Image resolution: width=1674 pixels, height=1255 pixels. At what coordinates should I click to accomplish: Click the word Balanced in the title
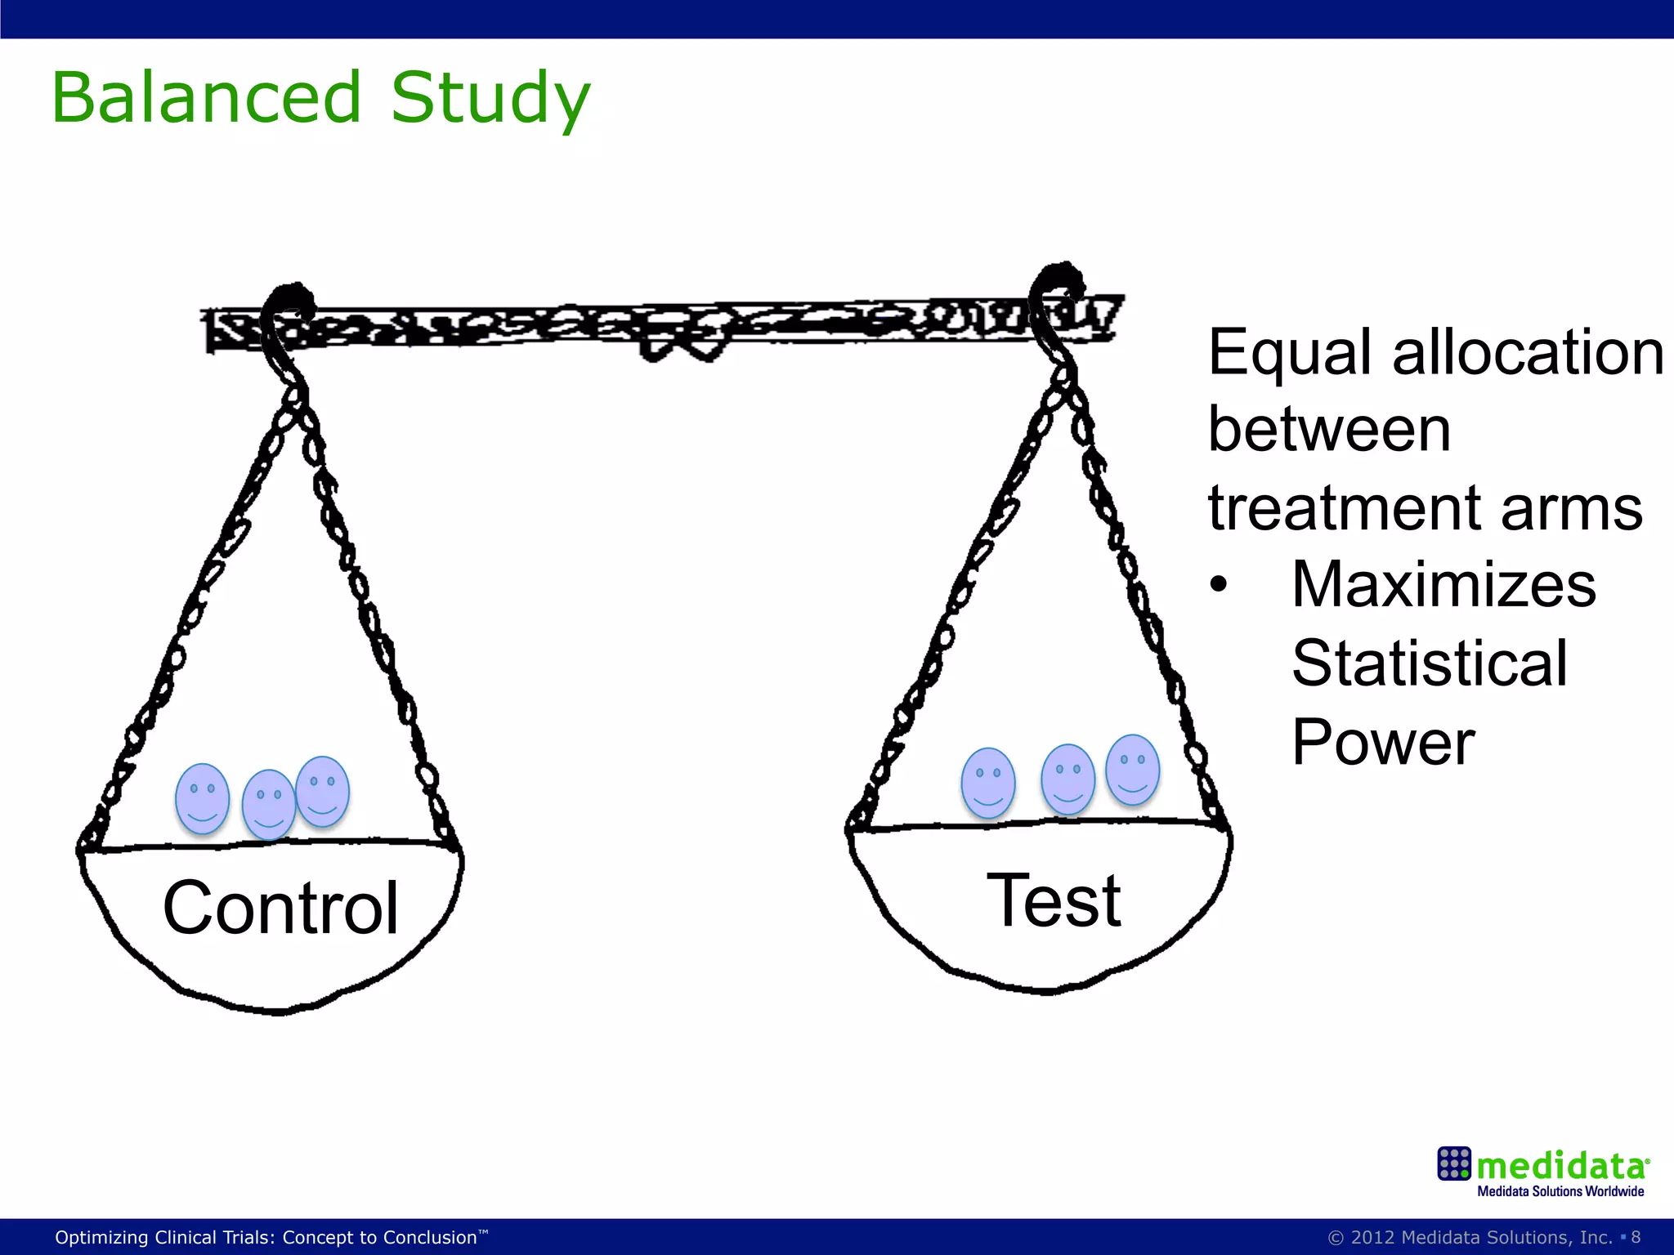click(x=206, y=98)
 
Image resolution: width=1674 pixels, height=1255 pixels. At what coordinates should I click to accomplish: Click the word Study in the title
click(x=490, y=100)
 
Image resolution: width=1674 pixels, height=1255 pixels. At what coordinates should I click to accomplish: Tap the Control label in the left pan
click(x=280, y=908)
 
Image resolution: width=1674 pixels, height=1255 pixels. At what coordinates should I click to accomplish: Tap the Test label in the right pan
click(x=1054, y=900)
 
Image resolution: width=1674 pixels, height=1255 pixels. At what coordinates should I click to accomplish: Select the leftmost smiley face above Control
click(x=203, y=798)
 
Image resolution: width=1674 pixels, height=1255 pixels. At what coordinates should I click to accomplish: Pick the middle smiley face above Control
click(x=268, y=805)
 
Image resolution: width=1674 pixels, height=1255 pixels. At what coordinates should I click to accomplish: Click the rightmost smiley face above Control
click(x=323, y=791)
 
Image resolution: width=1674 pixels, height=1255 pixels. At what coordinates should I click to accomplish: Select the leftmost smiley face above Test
click(x=988, y=783)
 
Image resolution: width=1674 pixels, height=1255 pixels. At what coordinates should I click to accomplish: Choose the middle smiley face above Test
click(x=1068, y=779)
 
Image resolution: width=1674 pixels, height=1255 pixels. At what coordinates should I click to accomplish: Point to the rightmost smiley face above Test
click(x=1132, y=769)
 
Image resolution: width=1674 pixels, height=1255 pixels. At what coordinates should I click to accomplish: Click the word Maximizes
click(x=1443, y=585)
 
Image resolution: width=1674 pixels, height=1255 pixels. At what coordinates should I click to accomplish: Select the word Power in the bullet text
click(x=1383, y=742)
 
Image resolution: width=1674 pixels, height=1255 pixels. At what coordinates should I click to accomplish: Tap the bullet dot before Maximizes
click(x=1219, y=585)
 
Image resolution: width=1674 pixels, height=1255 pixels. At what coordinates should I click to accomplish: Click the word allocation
click(x=1528, y=353)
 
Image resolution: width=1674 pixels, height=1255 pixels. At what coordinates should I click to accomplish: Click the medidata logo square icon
click(x=1454, y=1163)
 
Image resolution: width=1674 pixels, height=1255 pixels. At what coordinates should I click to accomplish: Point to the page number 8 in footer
click(x=1636, y=1237)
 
